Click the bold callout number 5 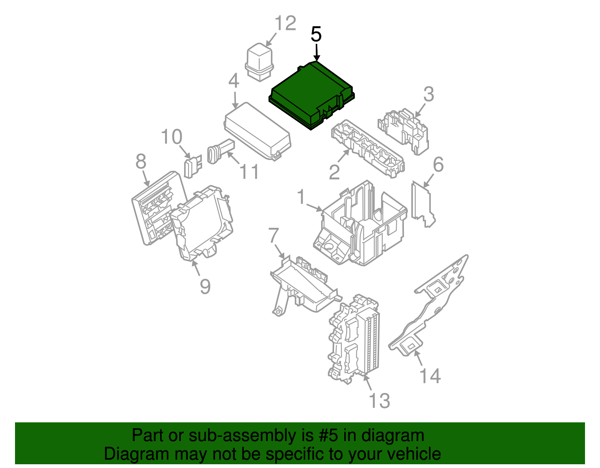tap(316, 34)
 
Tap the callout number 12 tap(285, 23)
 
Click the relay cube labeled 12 tap(259, 62)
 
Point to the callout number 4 tap(234, 81)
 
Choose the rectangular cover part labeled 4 tap(257, 131)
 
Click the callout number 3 tap(429, 94)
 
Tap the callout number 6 tap(438, 164)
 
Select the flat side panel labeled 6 tap(422, 204)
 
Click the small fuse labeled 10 tap(192, 166)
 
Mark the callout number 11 tap(249, 172)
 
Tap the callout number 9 tap(205, 287)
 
